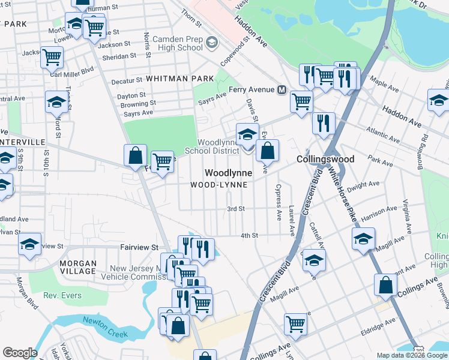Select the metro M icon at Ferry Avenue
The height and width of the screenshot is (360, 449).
click(x=281, y=90)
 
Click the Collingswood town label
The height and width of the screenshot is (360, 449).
click(x=325, y=159)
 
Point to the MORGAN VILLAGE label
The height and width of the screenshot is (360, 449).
click(x=78, y=267)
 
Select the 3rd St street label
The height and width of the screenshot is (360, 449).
click(x=236, y=209)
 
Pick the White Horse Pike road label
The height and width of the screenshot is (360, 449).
click(x=341, y=192)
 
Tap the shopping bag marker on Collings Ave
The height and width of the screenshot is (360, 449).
click(x=385, y=285)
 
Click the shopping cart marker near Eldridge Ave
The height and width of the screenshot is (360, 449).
click(x=295, y=324)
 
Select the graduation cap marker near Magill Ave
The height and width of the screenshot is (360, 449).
click(x=363, y=239)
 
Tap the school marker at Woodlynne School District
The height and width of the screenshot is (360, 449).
click(x=247, y=134)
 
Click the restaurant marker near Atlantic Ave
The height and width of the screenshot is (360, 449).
click(x=324, y=124)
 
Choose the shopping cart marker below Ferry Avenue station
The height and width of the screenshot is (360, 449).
click(x=301, y=101)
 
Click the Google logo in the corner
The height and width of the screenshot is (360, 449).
click(x=19, y=353)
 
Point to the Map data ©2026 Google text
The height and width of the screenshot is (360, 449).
click(x=412, y=355)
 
